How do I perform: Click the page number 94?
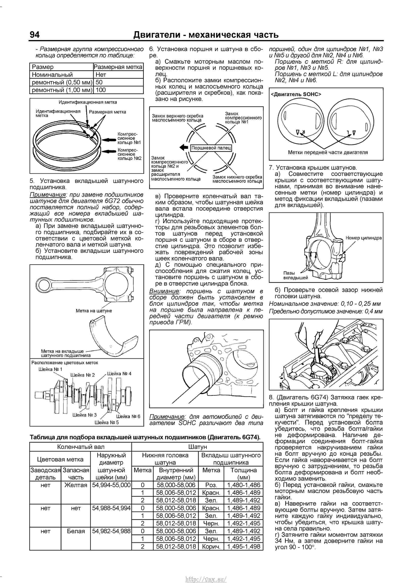35,35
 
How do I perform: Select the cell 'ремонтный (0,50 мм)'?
62,82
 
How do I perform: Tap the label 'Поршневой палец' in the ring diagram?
211,148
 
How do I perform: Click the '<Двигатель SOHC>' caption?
296,94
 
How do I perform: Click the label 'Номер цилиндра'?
363,238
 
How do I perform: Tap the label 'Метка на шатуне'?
94,311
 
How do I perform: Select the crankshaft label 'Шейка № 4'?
119,374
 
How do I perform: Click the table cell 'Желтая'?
76,485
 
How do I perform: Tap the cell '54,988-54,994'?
111,508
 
